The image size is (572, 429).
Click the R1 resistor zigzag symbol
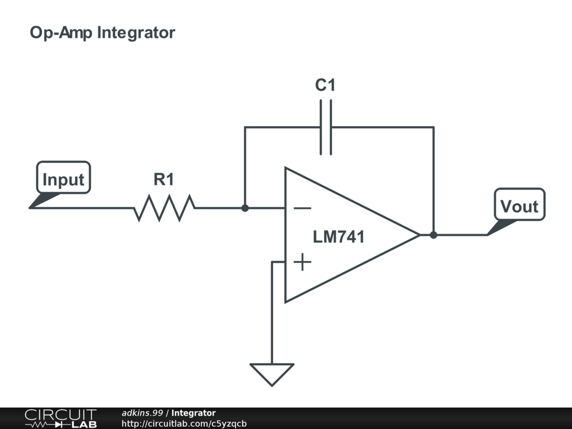pos(164,208)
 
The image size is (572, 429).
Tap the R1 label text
pos(164,179)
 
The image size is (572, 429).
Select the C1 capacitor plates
pos(326,127)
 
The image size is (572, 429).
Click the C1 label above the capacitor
pos(325,85)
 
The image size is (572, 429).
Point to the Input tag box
pos(64,177)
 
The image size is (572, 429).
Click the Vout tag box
pos(519,204)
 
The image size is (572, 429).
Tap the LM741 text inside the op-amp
pos(339,237)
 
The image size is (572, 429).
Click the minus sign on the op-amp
pos(302,208)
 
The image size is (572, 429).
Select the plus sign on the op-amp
pos(302,262)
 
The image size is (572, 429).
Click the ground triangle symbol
pos(272,374)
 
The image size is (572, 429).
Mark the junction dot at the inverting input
pos(245,208)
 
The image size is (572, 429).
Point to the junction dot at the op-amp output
pos(433,235)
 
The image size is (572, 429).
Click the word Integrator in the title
pos(136,33)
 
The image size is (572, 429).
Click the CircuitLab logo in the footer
pos(60,418)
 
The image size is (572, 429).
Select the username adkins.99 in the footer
pos(142,413)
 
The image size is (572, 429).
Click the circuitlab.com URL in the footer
pos(184,423)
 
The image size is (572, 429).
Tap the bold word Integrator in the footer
pos(193,413)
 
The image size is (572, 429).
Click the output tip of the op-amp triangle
pos(420,235)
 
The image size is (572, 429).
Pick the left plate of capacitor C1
pos(321,127)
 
